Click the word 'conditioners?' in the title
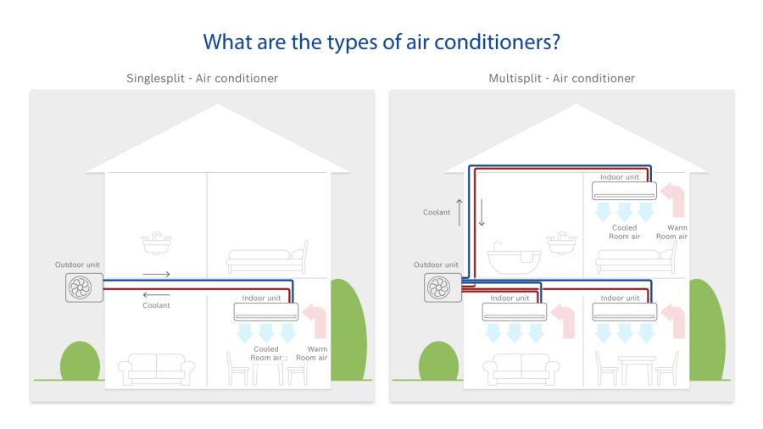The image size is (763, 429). [497, 42]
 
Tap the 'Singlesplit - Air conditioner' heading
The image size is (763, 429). [202, 78]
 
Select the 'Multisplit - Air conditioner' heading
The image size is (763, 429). [561, 78]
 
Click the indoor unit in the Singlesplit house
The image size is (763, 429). [265, 312]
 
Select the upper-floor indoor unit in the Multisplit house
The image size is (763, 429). [624, 191]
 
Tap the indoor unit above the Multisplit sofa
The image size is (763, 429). [515, 312]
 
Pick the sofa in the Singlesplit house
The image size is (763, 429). [156, 369]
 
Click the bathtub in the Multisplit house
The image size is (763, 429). [515, 257]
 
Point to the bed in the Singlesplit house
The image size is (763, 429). [268, 256]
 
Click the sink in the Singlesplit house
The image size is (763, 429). [156, 243]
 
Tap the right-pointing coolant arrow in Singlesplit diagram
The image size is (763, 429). [156, 275]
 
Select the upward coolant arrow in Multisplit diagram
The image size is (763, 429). [459, 213]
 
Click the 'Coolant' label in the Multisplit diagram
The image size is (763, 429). [437, 213]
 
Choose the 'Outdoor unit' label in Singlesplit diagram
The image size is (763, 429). [77, 265]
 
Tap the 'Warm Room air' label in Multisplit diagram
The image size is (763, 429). [672, 232]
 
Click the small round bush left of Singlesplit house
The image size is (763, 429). [80, 361]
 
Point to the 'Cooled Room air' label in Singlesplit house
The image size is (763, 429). [266, 354]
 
